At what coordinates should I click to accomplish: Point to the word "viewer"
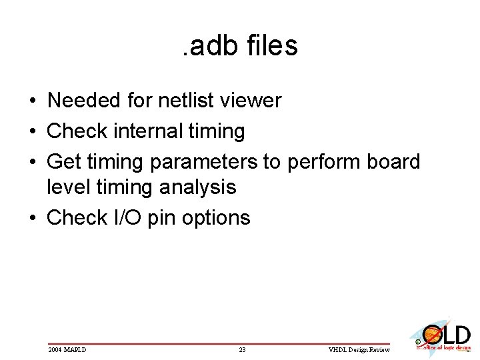(252, 101)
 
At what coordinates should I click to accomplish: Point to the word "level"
(67, 187)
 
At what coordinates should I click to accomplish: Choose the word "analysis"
(198, 187)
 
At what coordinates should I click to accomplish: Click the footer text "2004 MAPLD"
(67, 349)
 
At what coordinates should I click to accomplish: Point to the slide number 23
(242, 349)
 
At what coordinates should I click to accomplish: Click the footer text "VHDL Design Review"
(358, 349)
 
